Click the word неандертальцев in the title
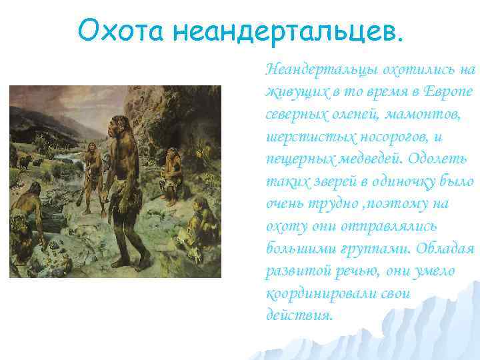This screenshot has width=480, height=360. tap(289, 29)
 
